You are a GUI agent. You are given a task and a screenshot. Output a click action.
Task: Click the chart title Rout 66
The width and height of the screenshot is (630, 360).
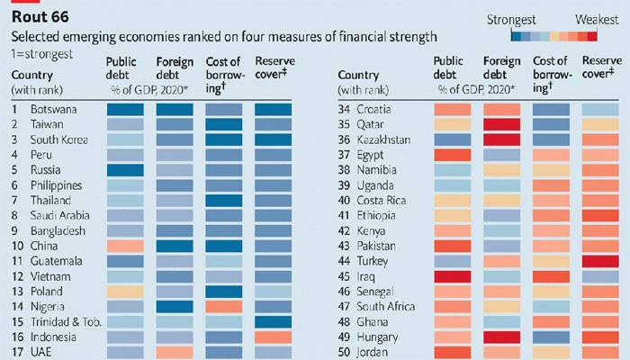[40, 17]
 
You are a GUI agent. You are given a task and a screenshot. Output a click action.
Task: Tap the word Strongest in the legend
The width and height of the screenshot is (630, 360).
[511, 20]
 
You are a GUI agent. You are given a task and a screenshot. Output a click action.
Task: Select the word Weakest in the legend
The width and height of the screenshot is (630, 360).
[597, 20]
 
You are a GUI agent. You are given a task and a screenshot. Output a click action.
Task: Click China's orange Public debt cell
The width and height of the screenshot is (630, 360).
[125, 246]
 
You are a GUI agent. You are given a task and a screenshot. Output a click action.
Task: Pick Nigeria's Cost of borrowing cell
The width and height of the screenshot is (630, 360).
[224, 307]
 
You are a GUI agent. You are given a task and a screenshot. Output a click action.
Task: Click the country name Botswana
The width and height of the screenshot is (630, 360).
[53, 109]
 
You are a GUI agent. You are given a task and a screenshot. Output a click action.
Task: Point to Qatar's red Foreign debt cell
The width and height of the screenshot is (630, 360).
[502, 124]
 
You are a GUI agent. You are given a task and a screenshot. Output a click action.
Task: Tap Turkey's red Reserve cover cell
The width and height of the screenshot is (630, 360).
[600, 262]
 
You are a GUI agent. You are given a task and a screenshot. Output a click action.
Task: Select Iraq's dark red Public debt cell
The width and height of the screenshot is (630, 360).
[453, 277]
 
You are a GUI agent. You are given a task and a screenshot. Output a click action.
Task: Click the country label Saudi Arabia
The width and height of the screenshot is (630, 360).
[60, 215]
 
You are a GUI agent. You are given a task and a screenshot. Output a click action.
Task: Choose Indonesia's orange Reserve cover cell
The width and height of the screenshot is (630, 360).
[274, 337]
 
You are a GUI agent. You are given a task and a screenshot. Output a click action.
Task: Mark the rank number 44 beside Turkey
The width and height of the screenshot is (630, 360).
[344, 261]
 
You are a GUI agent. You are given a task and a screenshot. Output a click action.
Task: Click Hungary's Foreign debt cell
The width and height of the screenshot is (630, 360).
[502, 337]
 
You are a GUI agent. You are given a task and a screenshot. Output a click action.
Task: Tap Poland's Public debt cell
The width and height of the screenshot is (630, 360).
[125, 292]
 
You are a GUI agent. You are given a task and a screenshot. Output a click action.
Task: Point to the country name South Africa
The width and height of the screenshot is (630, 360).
[386, 307]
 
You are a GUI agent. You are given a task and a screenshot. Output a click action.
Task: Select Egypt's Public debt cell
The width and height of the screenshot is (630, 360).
[453, 155]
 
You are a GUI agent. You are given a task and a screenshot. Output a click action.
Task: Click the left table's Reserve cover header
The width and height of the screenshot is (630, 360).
[274, 67]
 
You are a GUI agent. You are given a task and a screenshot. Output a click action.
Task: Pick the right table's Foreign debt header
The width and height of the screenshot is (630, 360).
[502, 67]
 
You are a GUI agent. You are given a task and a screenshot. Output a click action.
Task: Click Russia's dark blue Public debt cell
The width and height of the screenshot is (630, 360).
[125, 170]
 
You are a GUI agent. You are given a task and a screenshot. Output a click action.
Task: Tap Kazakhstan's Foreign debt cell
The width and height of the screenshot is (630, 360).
[502, 139]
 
